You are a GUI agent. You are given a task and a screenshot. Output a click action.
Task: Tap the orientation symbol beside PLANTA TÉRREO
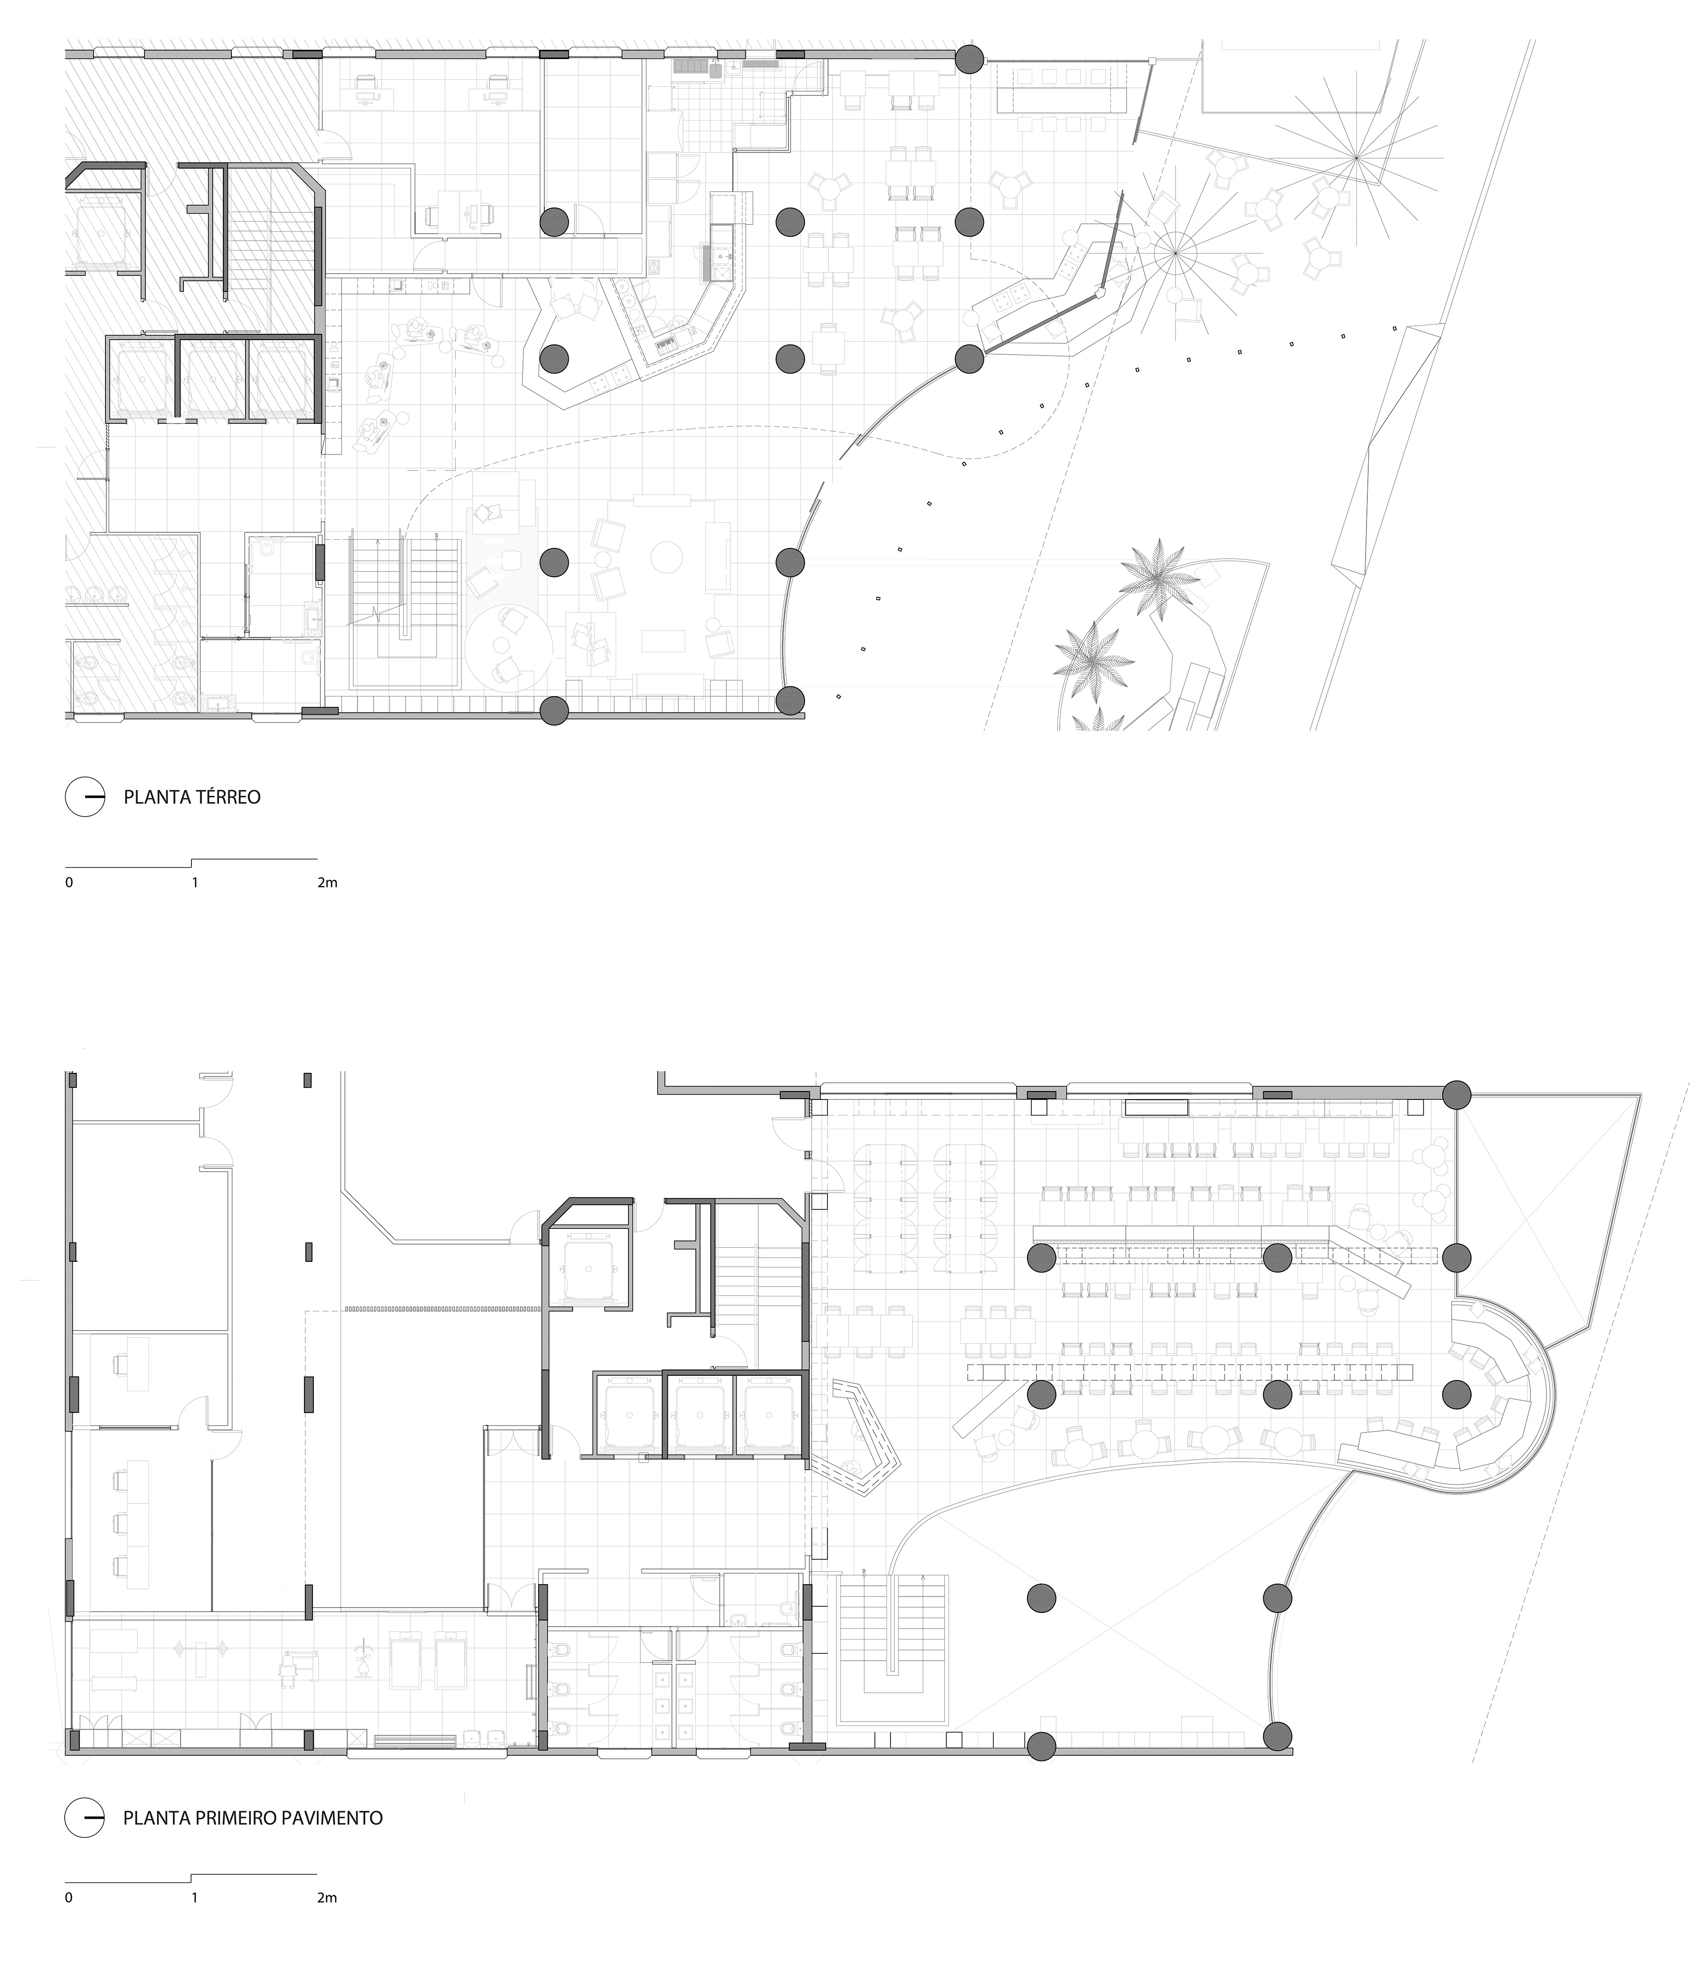point(84,796)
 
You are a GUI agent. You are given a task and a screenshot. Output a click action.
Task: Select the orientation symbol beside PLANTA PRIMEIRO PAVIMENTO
point(84,1817)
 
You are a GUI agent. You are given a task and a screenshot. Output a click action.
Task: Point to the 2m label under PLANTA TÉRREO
point(327,883)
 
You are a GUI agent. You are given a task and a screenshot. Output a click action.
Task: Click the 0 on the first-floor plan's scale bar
point(69,1898)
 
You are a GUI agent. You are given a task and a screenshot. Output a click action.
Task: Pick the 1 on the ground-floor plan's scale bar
point(195,883)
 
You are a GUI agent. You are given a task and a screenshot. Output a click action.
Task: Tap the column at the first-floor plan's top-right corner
point(1457,1095)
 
